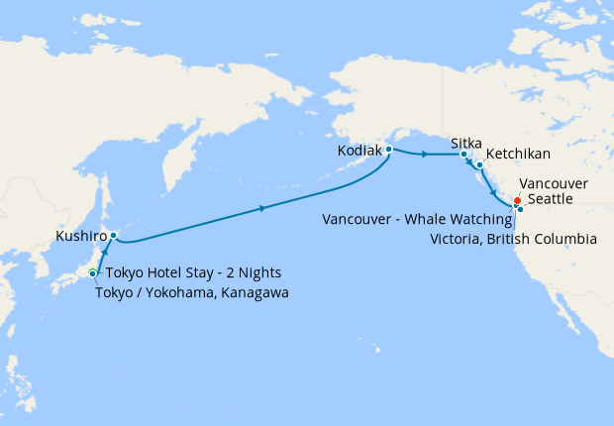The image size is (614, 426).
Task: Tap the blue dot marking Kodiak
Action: click(389, 150)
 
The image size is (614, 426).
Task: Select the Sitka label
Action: click(466, 144)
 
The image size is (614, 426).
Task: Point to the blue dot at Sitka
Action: click(463, 155)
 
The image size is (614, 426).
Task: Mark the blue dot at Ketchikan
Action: click(479, 164)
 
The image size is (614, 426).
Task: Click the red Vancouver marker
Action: click(517, 201)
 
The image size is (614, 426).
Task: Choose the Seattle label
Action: click(550, 200)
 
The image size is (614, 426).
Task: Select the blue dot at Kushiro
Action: click(113, 236)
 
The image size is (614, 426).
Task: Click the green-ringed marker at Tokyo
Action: click(92, 273)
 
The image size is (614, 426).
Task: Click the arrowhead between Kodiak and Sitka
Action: click(425, 155)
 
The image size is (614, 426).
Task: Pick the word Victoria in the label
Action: click(455, 239)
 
